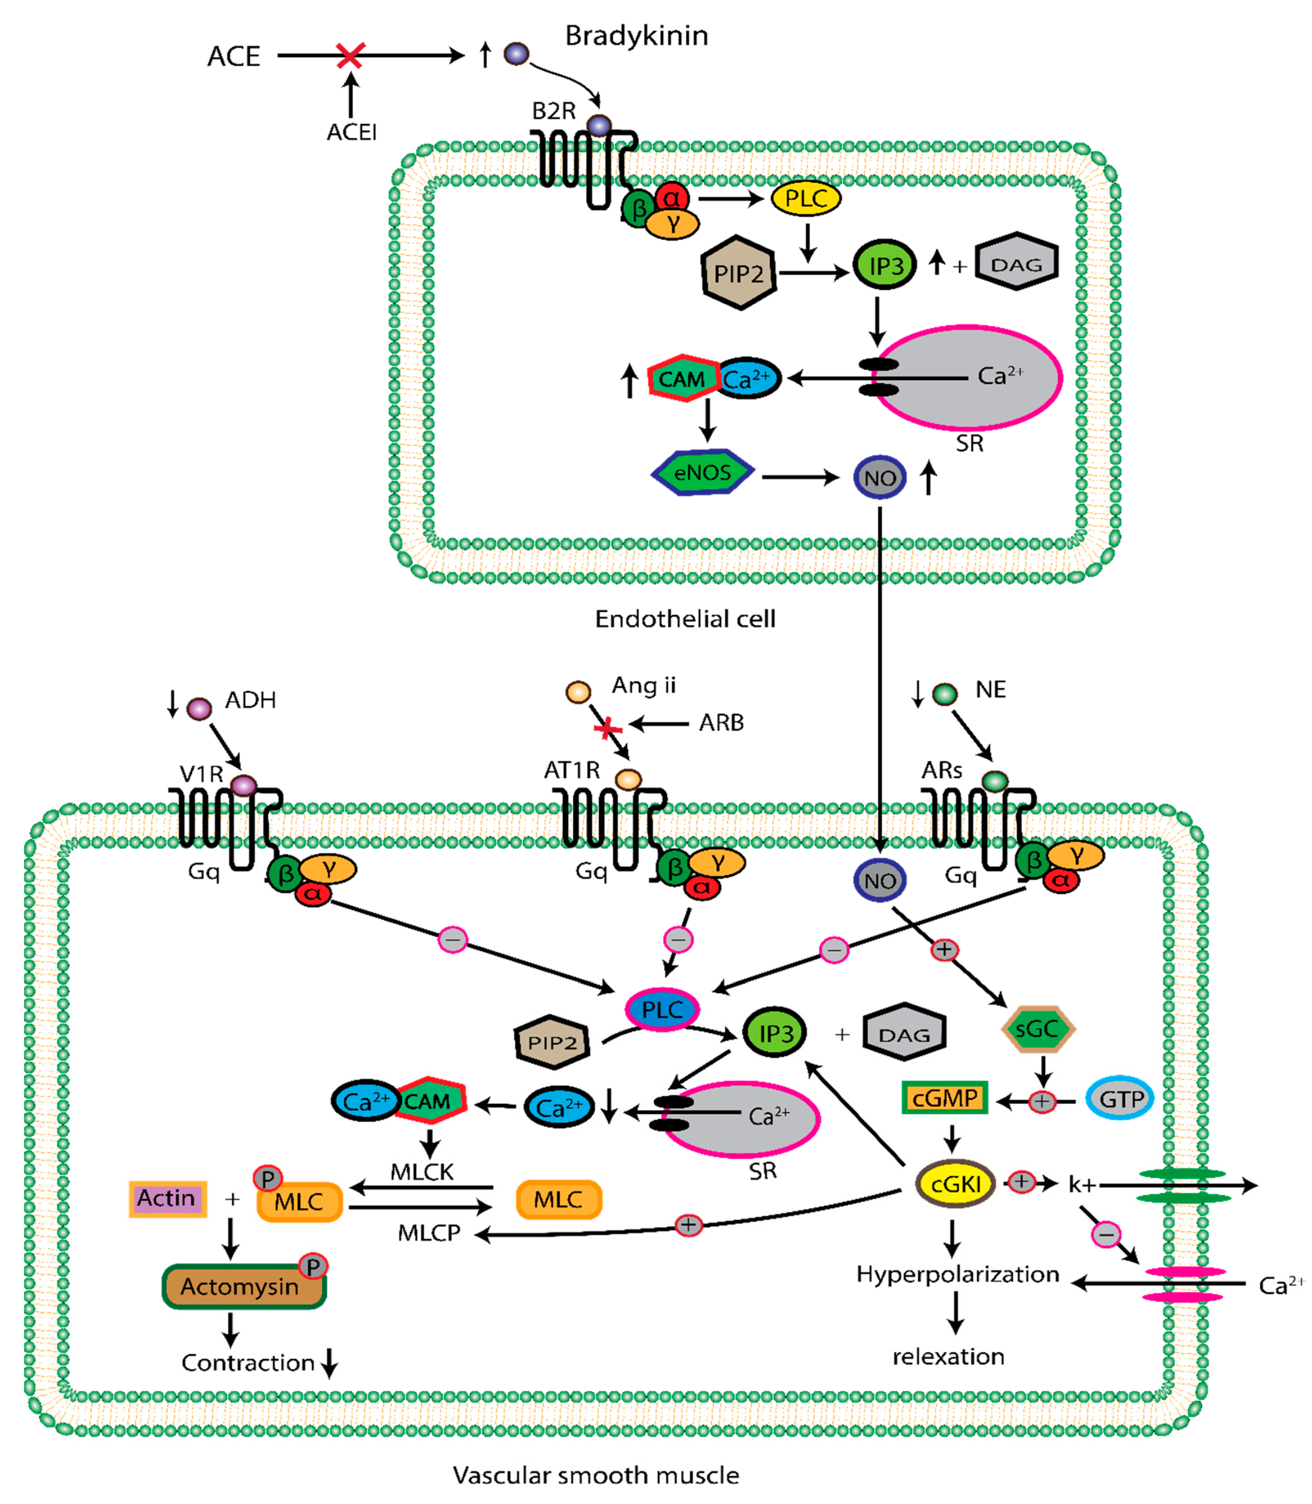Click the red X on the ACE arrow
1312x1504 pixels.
pyautogui.click(x=350, y=56)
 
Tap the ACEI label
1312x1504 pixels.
pyautogui.click(x=351, y=132)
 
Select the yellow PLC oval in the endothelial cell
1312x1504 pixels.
pyautogui.click(x=805, y=198)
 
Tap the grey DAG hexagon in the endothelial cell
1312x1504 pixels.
pyautogui.click(x=1016, y=263)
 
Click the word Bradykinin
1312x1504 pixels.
pyautogui.click(x=636, y=35)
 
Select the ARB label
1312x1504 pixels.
pyautogui.click(x=721, y=723)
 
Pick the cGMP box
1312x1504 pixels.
pyautogui.click(x=945, y=1098)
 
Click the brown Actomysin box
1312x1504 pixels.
pyautogui.click(x=242, y=1286)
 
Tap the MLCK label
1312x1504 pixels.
pyautogui.click(x=422, y=1172)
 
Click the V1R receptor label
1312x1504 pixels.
pyautogui.click(x=201, y=774)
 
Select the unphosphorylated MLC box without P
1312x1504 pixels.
pyautogui.click(x=559, y=1199)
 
